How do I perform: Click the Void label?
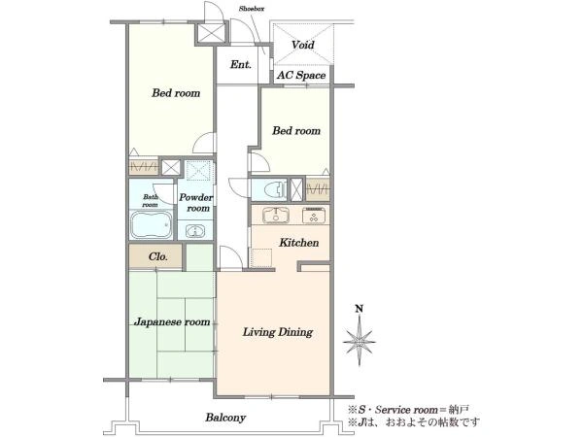coord(302,45)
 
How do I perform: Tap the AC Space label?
coord(301,76)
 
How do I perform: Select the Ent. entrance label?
coord(241,65)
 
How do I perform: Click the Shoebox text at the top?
coord(252,9)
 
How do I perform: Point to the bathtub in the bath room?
coord(152,225)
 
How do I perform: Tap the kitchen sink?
coord(275,216)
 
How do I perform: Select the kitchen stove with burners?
coord(314,216)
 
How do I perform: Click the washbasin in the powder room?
coord(195,231)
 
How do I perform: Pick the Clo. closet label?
coord(158,256)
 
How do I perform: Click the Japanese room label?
coord(172,321)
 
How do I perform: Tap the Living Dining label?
coord(278,332)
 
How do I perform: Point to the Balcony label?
coord(225,418)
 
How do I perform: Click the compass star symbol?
coord(360,341)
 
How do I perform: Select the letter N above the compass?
coord(360,309)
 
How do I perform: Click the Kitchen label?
coord(299,243)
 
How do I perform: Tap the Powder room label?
coord(196,203)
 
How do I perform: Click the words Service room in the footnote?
coord(406,410)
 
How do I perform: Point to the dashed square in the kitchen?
coord(261,257)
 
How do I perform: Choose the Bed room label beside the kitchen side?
coord(296,131)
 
